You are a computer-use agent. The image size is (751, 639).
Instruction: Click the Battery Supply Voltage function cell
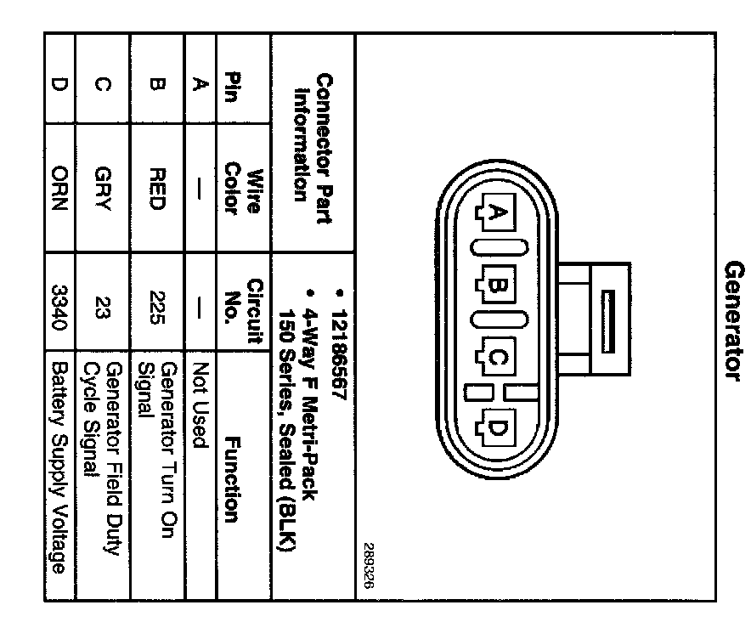tap(58, 467)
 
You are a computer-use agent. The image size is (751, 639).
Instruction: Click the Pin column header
tap(232, 85)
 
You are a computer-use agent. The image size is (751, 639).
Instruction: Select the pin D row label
tap(58, 85)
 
